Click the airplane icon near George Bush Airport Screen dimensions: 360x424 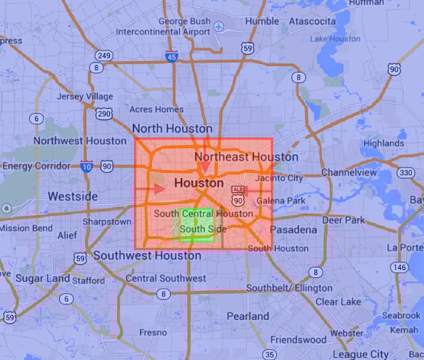pos(219,27)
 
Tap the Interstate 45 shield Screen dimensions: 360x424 pos(171,56)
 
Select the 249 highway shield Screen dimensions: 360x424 pos(104,56)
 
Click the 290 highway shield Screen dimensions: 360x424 pos(104,115)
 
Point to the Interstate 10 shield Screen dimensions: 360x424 pos(87,166)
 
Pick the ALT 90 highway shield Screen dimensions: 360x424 pos(237,196)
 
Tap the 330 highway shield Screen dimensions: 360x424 pos(406,173)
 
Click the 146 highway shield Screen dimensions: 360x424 pos(398,268)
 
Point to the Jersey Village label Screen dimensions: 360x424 pos(85,97)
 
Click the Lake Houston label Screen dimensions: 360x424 pos(335,39)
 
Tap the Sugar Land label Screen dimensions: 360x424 pos(34,278)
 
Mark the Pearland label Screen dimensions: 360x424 pos(248,316)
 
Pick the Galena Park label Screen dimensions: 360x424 pos(281,201)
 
